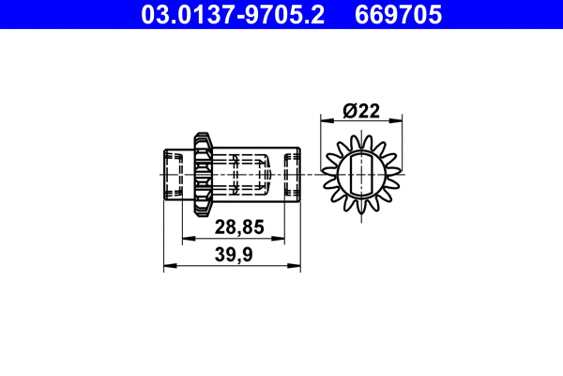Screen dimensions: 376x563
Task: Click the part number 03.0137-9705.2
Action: (233, 14)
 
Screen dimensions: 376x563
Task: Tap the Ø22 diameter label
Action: (360, 110)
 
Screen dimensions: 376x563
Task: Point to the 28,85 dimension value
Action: (238, 227)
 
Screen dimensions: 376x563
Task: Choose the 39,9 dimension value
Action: (233, 254)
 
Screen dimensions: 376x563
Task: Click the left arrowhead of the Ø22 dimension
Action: (327, 120)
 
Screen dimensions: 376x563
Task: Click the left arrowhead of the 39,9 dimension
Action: (169, 267)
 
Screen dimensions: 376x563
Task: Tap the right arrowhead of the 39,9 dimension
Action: (296, 267)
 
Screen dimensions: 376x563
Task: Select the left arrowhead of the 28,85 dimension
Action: (197, 240)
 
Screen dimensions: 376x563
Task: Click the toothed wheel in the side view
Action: (202, 173)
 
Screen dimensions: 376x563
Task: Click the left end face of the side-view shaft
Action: (165, 173)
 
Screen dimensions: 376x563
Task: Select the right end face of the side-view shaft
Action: (299, 173)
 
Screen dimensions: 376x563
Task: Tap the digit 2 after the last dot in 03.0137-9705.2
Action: (318, 14)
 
